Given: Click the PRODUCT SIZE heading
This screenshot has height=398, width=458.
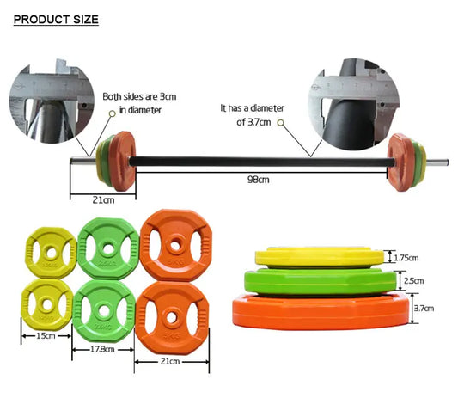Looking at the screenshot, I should [57, 19].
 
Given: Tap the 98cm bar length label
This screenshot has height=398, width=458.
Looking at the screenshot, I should [259, 179].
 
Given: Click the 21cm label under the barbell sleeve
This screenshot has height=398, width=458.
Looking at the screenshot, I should [103, 200].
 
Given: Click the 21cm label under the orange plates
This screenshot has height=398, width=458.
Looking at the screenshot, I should [171, 362].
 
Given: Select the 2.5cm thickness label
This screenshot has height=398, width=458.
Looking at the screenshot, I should [414, 281].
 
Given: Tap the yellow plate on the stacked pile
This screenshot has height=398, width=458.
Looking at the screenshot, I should [319, 256].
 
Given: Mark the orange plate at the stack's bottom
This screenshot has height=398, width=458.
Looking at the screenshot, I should [321, 309].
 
